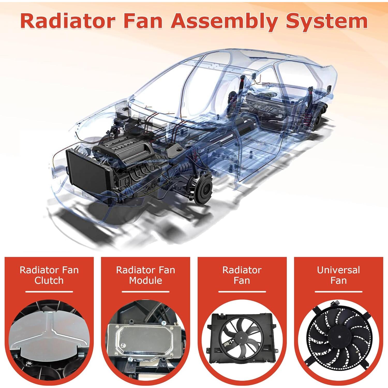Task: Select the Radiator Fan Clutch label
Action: tap(49, 275)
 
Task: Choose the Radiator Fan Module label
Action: tap(146, 275)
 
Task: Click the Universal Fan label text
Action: tap(338, 275)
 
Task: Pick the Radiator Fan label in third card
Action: tap(242, 275)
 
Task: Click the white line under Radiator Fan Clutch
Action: tap(49, 292)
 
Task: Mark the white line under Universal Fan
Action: tap(338, 292)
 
